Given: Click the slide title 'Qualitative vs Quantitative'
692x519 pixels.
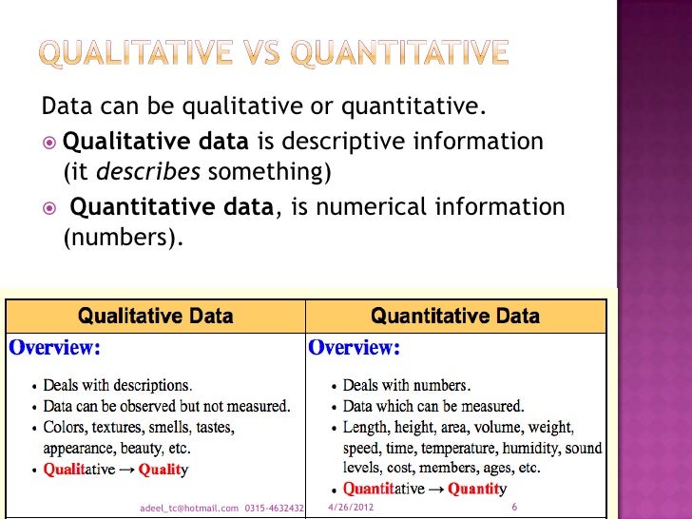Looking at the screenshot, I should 274,53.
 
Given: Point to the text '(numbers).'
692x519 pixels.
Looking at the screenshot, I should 122,238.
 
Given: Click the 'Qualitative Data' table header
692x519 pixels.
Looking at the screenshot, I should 155,316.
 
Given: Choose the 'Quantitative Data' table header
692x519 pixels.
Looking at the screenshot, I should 454,316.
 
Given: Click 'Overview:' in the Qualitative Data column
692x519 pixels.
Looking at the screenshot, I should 53,348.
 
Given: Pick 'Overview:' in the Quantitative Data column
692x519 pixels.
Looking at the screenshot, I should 354,348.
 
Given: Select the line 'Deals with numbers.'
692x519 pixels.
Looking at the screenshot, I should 406,385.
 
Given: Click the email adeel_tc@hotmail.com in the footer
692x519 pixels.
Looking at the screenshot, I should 188,509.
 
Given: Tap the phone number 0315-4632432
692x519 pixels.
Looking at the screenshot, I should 274,509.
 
